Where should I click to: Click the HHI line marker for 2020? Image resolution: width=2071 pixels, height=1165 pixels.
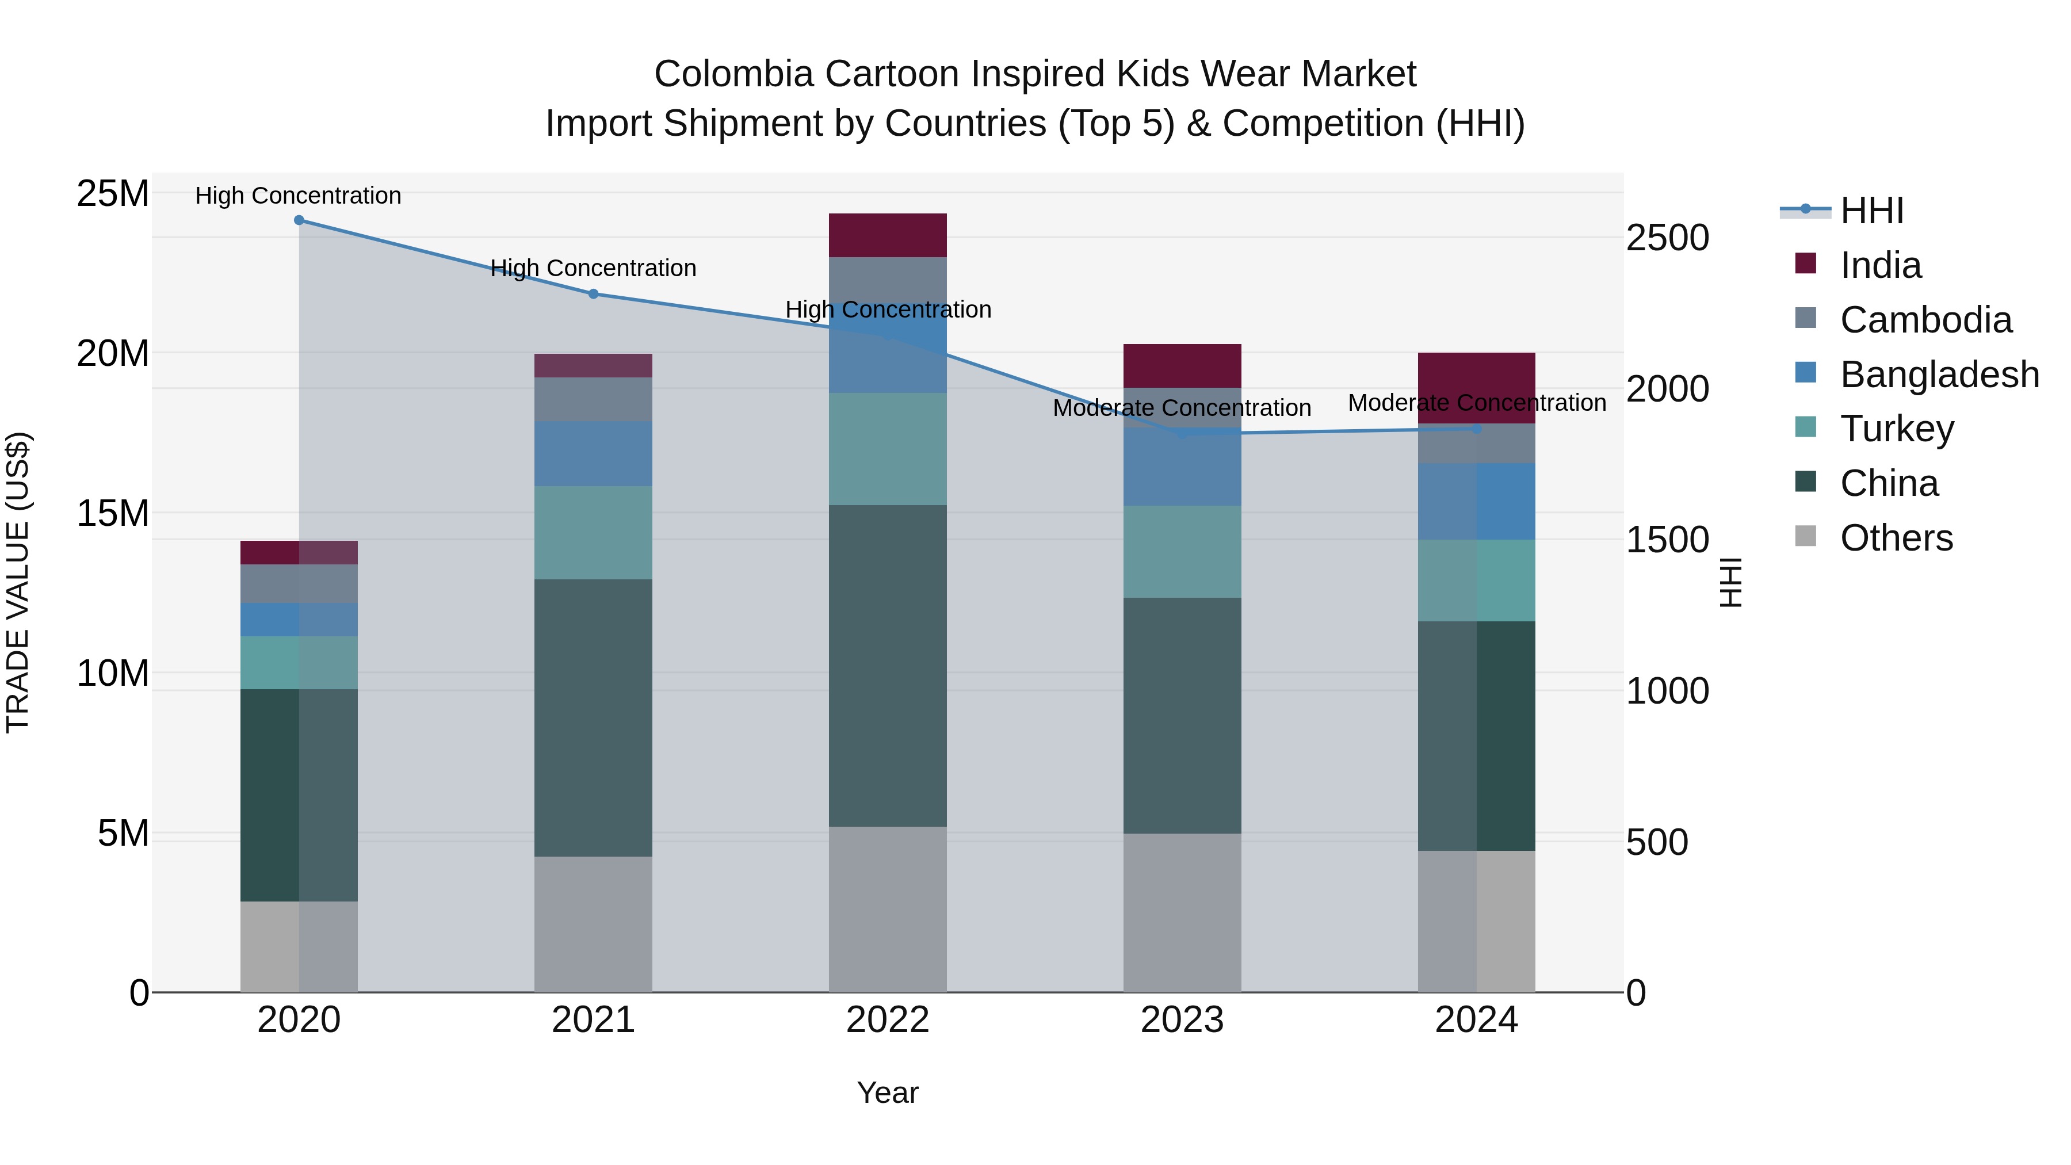[x=299, y=220]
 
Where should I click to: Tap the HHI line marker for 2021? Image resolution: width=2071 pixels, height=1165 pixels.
[x=593, y=294]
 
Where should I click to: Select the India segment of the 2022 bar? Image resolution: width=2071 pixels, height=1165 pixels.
[x=888, y=235]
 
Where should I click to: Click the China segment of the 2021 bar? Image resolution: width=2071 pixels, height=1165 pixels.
[x=593, y=717]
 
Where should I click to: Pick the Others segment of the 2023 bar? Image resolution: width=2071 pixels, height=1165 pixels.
[x=1182, y=912]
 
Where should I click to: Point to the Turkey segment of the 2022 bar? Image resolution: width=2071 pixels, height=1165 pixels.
[x=888, y=449]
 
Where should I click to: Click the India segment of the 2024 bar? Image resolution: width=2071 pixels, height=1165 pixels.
[x=1476, y=378]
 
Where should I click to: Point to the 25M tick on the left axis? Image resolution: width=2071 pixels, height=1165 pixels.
[x=113, y=194]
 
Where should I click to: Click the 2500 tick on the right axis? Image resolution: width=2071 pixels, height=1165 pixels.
[x=1667, y=238]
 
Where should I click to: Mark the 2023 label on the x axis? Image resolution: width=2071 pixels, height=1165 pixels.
[x=1182, y=1020]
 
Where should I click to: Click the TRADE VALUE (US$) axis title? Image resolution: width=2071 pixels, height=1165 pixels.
[x=18, y=582]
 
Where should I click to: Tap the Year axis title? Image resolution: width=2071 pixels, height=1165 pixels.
[x=888, y=1093]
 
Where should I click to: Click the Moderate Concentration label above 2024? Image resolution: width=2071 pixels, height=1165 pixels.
[x=1476, y=403]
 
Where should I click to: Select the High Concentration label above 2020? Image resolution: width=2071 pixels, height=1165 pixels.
[x=298, y=196]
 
